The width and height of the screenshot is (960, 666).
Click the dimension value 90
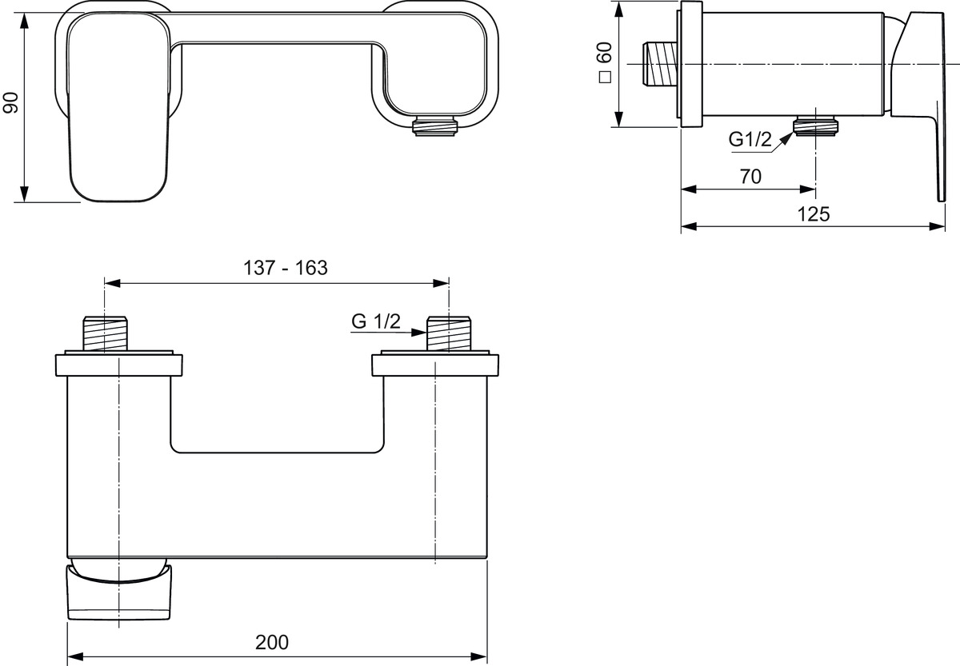pos(10,102)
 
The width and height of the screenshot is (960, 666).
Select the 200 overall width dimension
pos(272,643)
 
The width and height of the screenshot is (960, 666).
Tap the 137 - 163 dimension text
pos(286,268)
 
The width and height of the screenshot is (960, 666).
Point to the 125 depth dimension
pos(814,214)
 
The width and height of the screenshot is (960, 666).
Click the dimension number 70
pos(750,177)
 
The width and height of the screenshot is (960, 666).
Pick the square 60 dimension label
pos(606,62)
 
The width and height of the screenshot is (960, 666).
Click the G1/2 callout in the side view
pos(750,140)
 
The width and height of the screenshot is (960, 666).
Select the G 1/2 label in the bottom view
pos(376,321)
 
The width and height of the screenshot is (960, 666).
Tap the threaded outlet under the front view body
pos(434,126)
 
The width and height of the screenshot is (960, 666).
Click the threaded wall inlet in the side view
pos(661,64)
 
